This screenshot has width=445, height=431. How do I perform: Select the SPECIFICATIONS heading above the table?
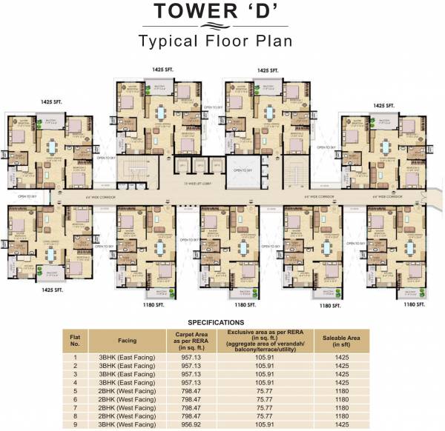(216, 322)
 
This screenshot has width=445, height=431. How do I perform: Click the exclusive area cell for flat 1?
(264, 356)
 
